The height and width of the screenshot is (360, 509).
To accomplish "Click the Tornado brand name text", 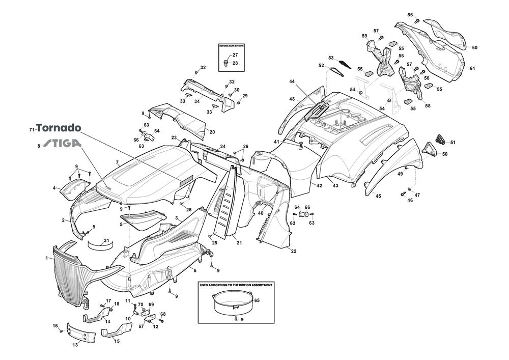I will click(59, 128).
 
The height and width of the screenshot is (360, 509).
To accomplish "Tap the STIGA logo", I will click(61, 144).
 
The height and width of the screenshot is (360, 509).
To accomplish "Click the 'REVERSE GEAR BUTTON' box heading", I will click(232, 46).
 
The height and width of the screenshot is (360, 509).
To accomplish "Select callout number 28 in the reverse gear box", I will click(235, 63).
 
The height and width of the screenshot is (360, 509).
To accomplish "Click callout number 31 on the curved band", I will click(106, 241).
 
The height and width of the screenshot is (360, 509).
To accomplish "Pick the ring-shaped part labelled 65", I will click(230, 302).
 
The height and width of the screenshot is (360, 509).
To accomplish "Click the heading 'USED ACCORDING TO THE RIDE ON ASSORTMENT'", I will click(236, 285).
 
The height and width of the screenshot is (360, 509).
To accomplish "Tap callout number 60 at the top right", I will click(474, 47).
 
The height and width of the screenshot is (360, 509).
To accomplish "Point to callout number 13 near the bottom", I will click(75, 345).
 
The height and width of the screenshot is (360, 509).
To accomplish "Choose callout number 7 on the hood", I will click(117, 163).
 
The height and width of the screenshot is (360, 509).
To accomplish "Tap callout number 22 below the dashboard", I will click(294, 252).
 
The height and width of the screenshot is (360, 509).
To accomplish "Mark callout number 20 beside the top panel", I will click(212, 132).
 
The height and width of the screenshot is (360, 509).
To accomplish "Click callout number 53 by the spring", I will click(330, 58).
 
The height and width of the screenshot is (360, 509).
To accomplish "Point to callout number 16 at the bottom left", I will click(55, 325).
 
